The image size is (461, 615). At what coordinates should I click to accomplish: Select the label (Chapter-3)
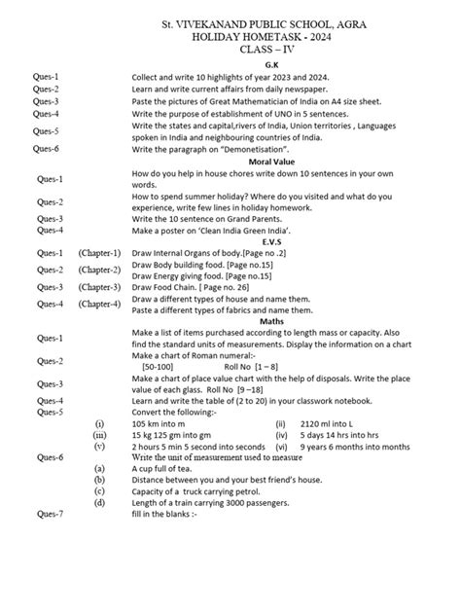[x=100, y=287]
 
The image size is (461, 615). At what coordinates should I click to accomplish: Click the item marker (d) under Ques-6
[x=99, y=502]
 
